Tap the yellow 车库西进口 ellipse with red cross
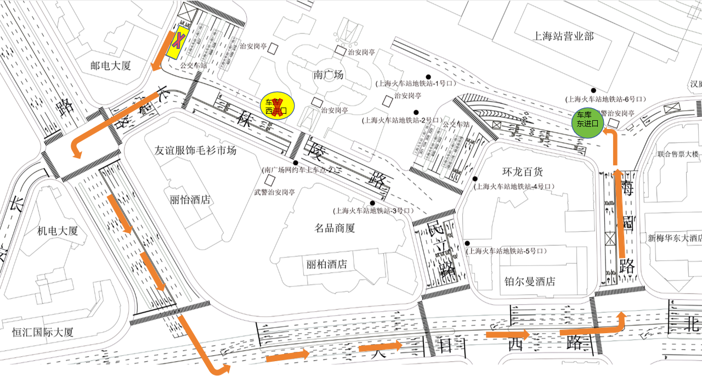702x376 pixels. pos(277,105)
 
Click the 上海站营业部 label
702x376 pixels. pos(564,36)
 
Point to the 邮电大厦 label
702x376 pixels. pos(111,66)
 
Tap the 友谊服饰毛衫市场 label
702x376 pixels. pos(195,150)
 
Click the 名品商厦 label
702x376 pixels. pos(335,228)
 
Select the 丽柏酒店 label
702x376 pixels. pos(327,264)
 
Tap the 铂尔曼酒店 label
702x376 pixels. pos(529,282)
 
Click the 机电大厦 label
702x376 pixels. pos(58,231)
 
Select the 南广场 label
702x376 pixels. pos(328,75)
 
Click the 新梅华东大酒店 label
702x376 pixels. pos(674,238)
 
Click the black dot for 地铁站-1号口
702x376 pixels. pos(431,76)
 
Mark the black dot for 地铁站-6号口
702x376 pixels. pos(593,91)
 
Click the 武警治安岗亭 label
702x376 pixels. pos(274,193)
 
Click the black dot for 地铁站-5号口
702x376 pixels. pos(467,243)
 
